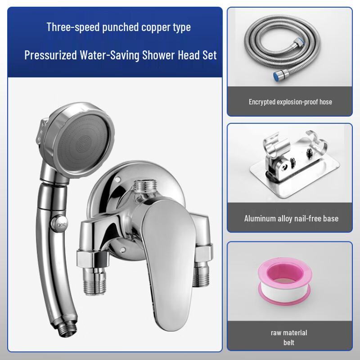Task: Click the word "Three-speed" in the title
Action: click(68, 27)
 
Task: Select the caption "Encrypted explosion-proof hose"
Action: click(290, 102)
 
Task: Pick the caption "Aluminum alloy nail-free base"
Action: click(290, 219)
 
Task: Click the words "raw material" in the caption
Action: click(289, 333)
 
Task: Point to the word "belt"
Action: click(289, 342)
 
